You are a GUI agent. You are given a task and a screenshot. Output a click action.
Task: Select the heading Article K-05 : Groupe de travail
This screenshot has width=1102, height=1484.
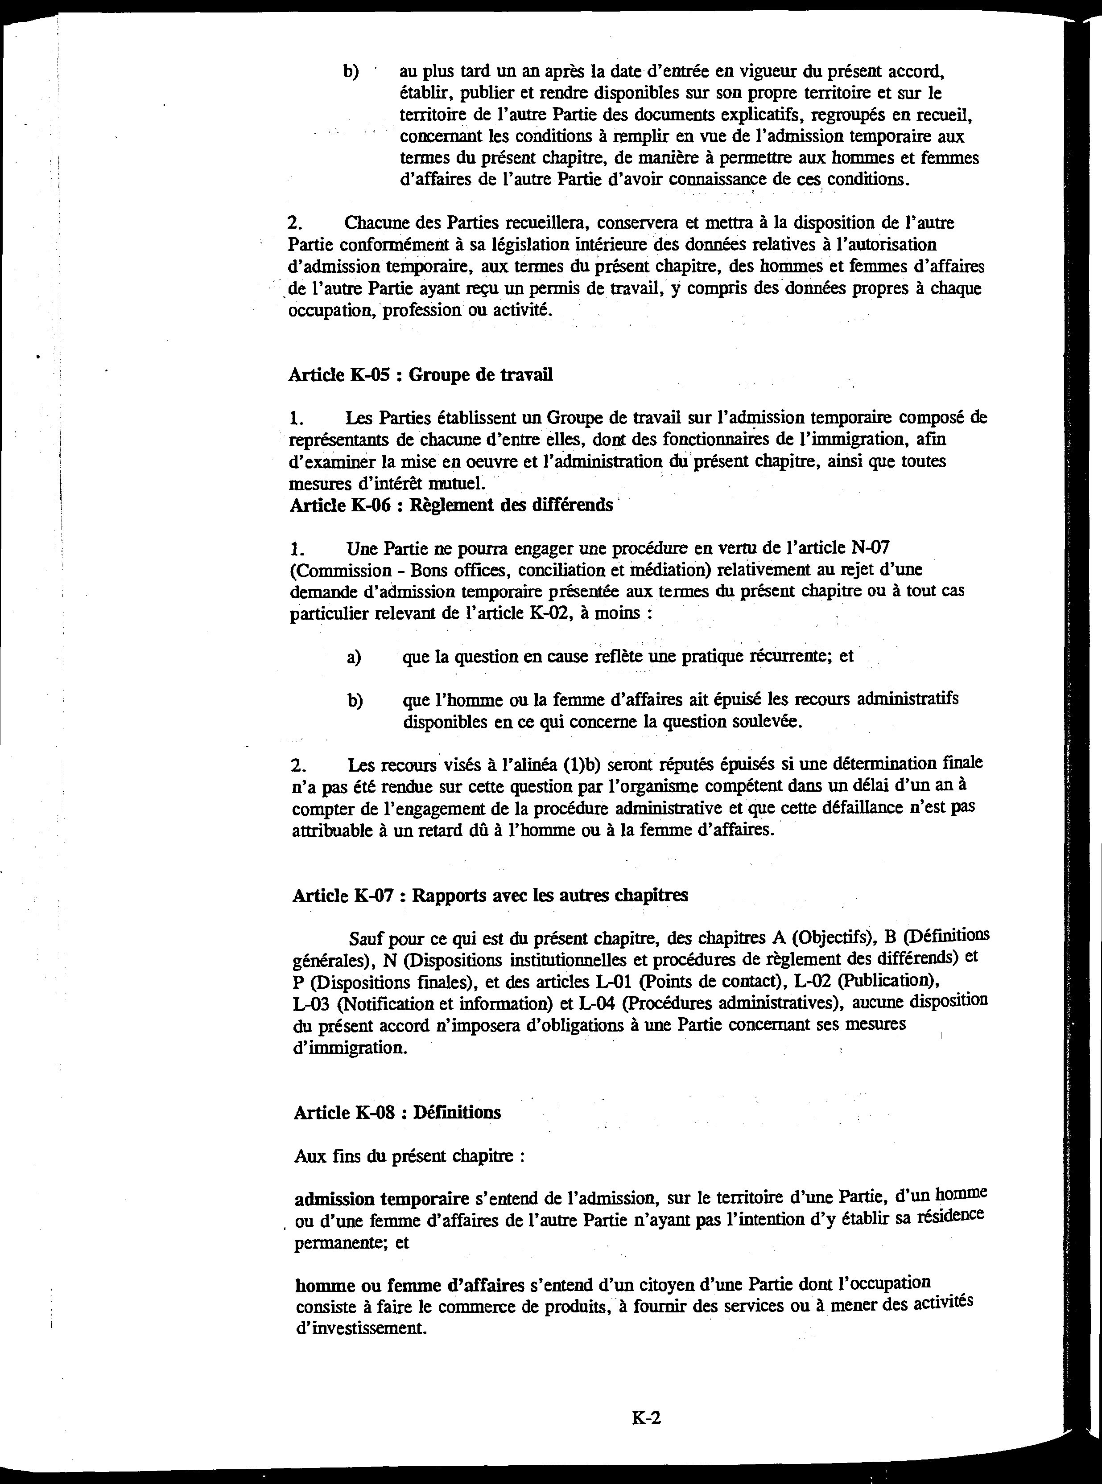(x=420, y=374)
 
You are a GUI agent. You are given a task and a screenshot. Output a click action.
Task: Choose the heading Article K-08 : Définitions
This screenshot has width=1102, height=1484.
(x=397, y=1113)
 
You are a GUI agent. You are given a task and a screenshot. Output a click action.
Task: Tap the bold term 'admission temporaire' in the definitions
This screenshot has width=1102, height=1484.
(x=382, y=1199)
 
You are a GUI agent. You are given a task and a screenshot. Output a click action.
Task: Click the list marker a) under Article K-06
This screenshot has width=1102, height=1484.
(x=354, y=658)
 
